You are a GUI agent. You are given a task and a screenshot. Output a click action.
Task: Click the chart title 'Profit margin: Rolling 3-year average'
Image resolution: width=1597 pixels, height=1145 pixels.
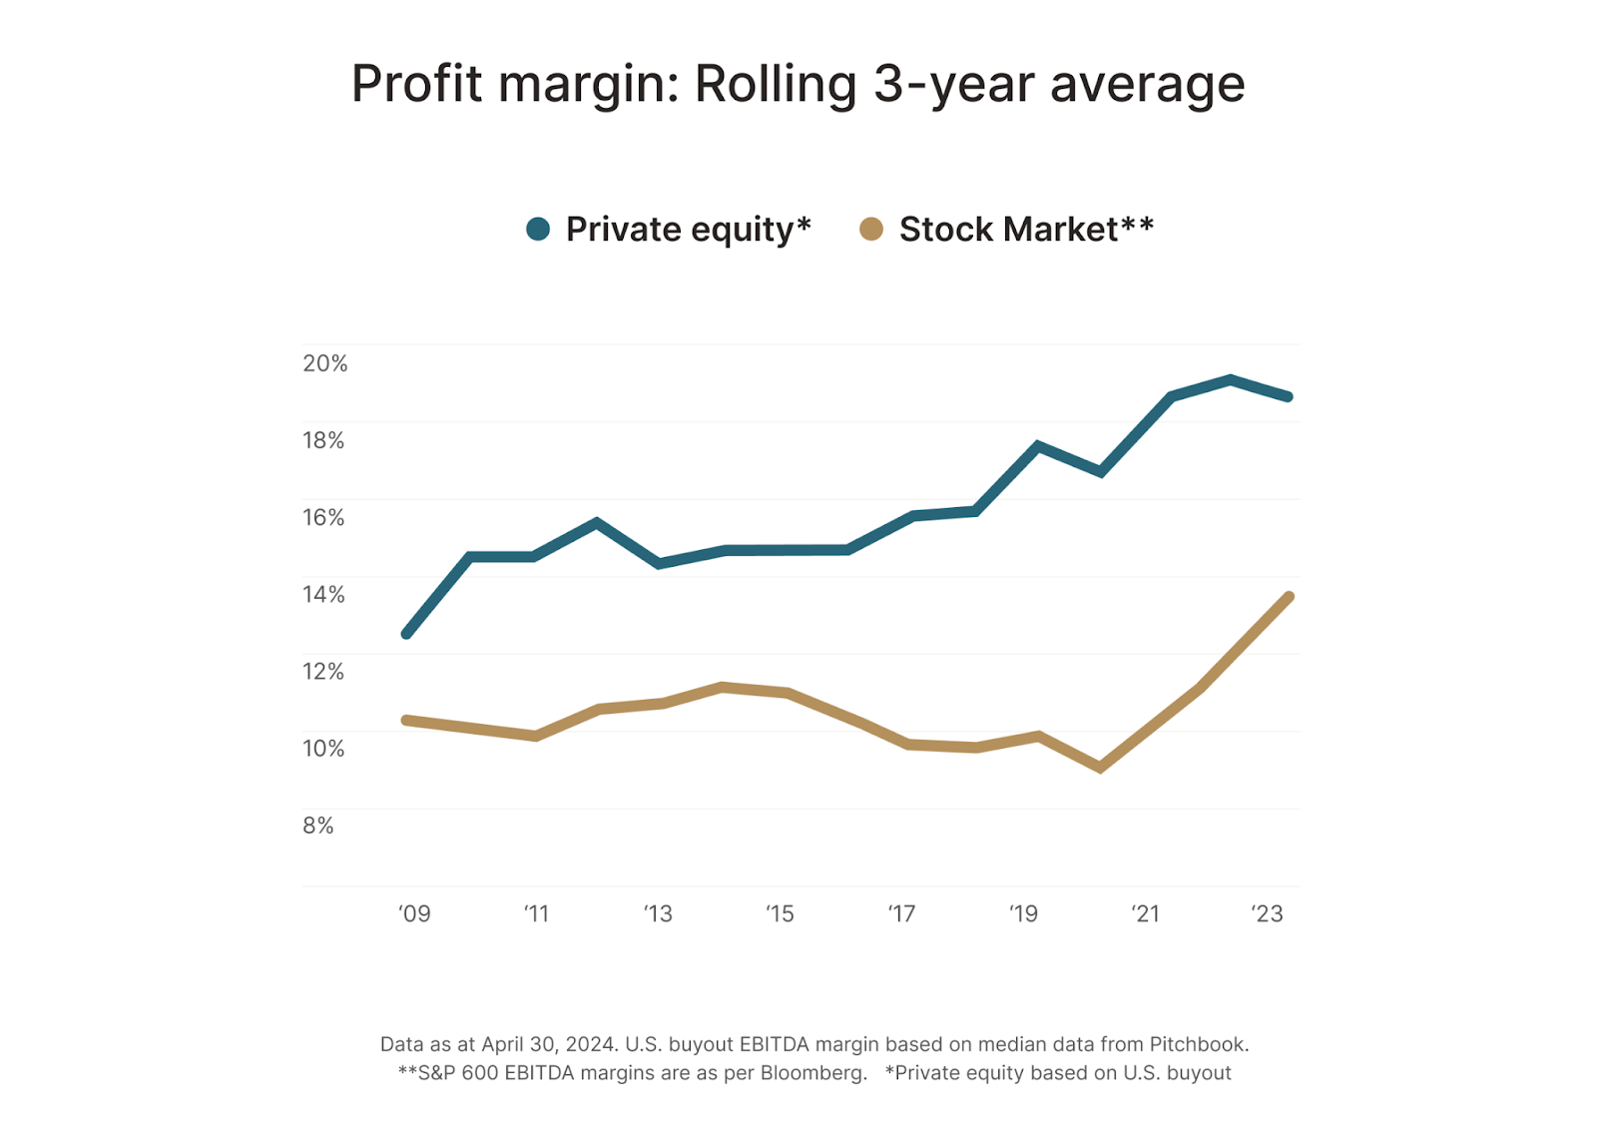point(798,84)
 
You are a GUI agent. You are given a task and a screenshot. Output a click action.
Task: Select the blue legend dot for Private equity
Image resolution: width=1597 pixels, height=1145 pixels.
point(538,230)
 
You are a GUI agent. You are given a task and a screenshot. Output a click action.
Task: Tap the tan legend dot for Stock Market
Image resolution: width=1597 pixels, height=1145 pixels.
point(871,230)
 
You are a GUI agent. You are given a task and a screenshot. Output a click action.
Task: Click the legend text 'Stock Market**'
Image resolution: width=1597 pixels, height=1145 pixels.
point(1026,230)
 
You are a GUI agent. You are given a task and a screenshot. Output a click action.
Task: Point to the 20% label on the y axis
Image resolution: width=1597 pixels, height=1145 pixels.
point(325,363)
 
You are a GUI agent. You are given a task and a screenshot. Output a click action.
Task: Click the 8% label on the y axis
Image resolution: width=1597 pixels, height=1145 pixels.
point(318,826)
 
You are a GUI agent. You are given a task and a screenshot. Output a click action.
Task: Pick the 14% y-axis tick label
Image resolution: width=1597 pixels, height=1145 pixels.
point(323,595)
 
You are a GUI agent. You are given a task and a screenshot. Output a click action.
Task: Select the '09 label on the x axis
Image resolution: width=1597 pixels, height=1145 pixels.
point(414,913)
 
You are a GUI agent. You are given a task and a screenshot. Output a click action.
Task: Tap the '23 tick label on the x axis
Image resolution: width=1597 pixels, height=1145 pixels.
point(1267,913)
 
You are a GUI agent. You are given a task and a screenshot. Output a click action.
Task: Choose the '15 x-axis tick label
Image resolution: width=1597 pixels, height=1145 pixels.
point(780,913)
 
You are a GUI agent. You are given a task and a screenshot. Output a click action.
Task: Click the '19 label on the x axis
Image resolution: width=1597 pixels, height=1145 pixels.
point(1023,913)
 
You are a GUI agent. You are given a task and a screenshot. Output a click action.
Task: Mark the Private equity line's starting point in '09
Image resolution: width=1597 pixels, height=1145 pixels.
point(406,634)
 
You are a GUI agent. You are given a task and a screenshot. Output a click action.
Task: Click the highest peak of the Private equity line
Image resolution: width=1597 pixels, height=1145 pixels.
point(1231,379)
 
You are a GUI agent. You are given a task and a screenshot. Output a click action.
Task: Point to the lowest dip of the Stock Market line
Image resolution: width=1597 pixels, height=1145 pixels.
point(1100,768)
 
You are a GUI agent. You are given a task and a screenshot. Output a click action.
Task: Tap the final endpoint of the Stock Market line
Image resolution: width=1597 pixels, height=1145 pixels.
point(1289,597)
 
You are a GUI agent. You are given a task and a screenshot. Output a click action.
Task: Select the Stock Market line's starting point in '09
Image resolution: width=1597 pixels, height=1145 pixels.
point(406,720)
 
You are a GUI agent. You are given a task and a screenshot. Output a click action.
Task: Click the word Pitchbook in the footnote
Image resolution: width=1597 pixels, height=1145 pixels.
point(1198,1045)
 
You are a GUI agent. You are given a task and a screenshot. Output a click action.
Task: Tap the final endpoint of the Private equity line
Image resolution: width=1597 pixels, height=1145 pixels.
point(1289,396)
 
